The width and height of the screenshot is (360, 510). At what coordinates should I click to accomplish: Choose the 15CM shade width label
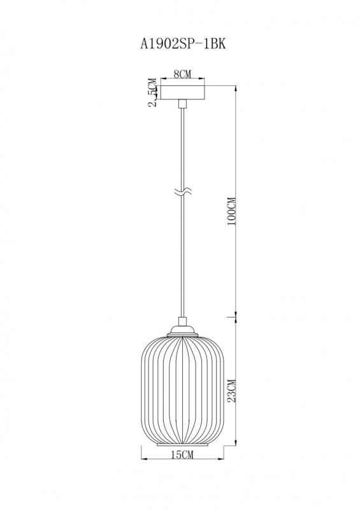[x=183, y=455]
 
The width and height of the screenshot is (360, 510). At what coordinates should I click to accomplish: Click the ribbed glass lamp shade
[x=182, y=389]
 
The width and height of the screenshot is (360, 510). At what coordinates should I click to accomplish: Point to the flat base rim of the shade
[x=182, y=445]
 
